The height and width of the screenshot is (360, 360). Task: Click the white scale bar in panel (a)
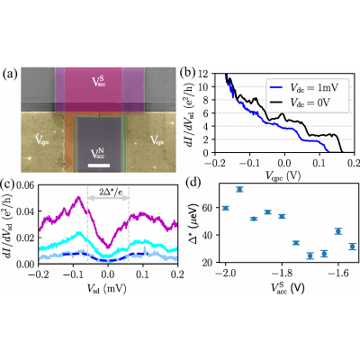pos(99,166)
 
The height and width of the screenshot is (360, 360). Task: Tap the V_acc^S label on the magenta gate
pos(99,81)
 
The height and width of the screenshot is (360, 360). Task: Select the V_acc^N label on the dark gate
pos(98,154)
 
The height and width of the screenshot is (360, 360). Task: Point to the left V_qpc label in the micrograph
pos(42,140)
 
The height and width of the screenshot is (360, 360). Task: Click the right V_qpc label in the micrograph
pos(157,140)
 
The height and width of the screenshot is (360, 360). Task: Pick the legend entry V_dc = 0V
pos(304,103)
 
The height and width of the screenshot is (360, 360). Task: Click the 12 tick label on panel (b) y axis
pos(203,74)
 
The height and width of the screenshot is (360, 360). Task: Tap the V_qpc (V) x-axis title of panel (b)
pos(283,176)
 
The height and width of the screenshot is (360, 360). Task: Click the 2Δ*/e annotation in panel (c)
pos(111,192)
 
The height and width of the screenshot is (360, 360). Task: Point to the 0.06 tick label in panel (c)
pos(25,185)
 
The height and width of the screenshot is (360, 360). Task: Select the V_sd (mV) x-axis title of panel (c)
pos(106,289)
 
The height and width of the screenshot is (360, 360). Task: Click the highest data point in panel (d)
pos(239,189)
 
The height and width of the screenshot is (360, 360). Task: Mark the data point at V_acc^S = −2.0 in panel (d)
pos(226,208)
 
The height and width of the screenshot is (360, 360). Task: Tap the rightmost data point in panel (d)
pos(353,247)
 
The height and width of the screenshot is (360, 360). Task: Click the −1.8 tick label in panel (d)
pos(282,274)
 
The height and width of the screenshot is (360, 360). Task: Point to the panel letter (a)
pos(10,74)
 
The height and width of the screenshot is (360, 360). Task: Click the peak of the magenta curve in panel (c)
pos(78,197)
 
